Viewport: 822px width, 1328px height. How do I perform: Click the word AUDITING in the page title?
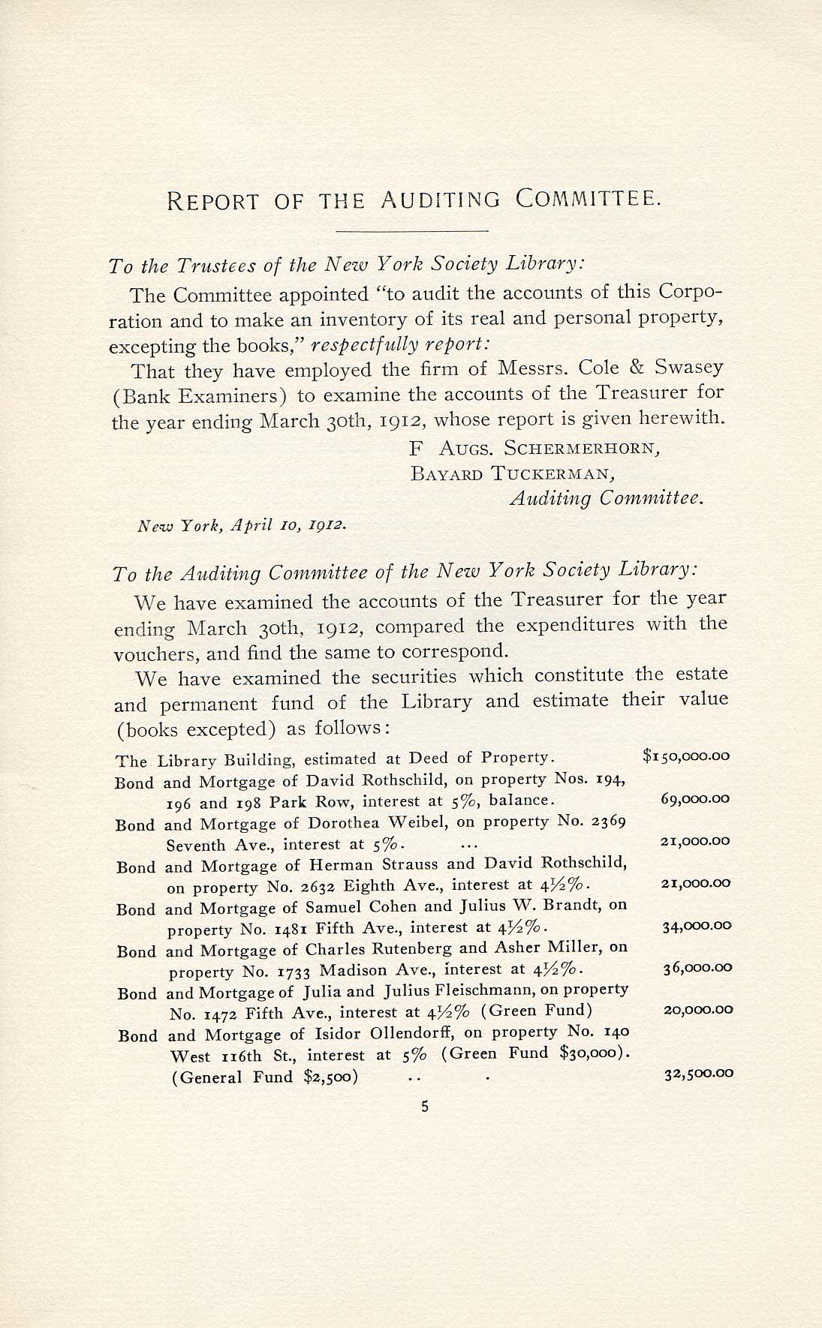[439, 200]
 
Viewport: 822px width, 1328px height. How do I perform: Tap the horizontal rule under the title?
[411, 230]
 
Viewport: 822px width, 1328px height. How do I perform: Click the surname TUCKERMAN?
[554, 473]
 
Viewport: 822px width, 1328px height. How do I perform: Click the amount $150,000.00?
[686, 756]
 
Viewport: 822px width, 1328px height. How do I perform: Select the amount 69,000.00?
[695, 799]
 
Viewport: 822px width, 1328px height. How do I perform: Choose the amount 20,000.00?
[697, 1010]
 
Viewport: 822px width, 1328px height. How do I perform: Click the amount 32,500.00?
[697, 1073]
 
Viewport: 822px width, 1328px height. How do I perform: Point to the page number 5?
[424, 1105]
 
